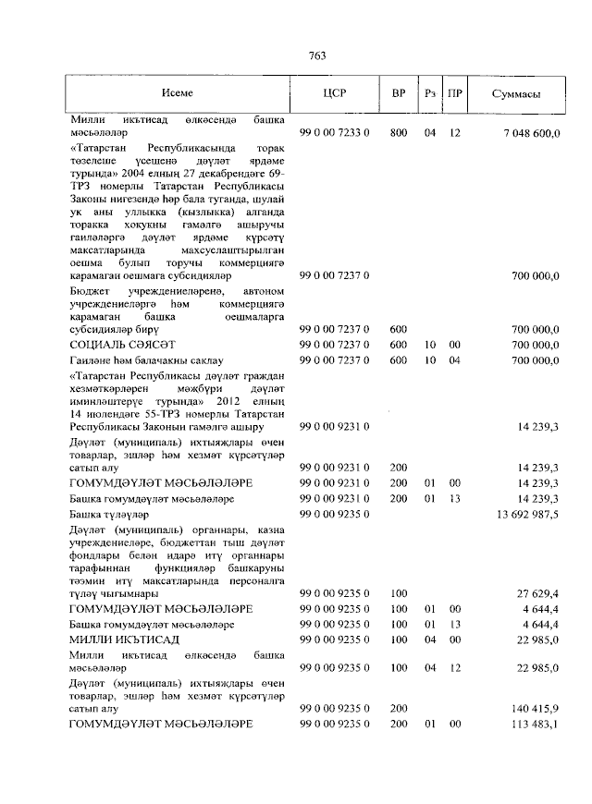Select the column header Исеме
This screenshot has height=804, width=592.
pyautogui.click(x=177, y=93)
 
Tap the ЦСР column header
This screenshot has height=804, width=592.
pyautogui.click(x=334, y=93)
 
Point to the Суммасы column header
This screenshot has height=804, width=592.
pyautogui.click(x=516, y=93)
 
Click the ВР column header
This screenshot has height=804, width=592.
pyautogui.click(x=398, y=93)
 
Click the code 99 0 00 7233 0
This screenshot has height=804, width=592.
pyautogui.click(x=335, y=134)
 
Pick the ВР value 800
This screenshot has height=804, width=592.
pyautogui.click(x=398, y=134)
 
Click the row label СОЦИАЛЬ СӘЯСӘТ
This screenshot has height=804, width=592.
pyautogui.click(x=117, y=344)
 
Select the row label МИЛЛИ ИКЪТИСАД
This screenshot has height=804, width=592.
pyautogui.click(x=124, y=640)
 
